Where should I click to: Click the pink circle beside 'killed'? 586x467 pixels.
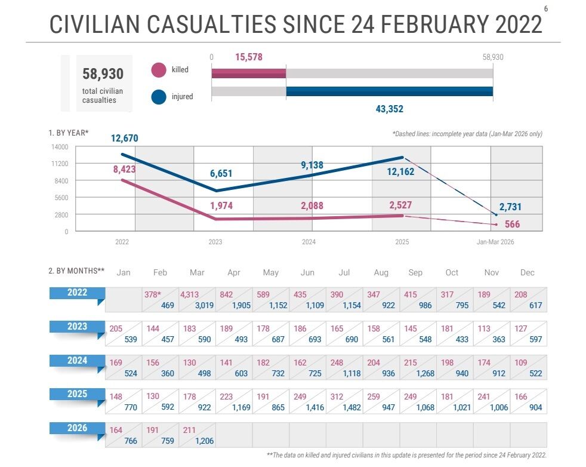(x=159, y=70)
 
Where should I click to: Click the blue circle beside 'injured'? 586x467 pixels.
(x=159, y=97)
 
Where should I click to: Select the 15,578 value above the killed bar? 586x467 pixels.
(x=249, y=57)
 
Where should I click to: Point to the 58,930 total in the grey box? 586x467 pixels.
(x=103, y=74)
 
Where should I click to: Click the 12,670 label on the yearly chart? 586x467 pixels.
(x=125, y=139)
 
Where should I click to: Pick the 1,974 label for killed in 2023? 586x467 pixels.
(x=221, y=206)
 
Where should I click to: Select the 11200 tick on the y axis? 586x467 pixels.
(x=60, y=164)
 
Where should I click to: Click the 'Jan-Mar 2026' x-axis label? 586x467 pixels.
(x=495, y=242)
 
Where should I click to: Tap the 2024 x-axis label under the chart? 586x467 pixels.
(x=309, y=242)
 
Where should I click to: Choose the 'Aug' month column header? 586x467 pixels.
(x=381, y=273)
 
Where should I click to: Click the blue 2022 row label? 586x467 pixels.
(x=78, y=293)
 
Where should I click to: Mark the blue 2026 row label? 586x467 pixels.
(x=78, y=428)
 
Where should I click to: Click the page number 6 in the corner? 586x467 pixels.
(x=546, y=8)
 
